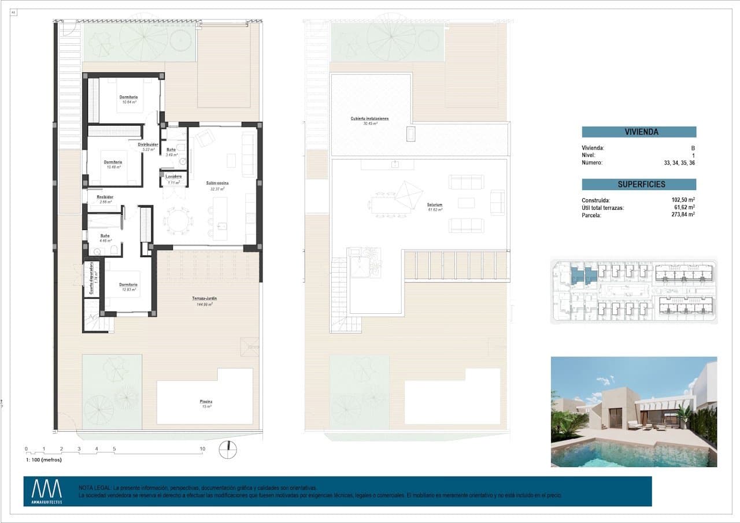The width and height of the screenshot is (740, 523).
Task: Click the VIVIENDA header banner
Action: [x=639, y=132]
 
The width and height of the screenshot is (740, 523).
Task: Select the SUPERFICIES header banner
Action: [x=639, y=184]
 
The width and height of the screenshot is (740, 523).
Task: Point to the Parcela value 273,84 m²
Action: [x=683, y=214]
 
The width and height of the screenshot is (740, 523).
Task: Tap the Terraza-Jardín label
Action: [x=205, y=299]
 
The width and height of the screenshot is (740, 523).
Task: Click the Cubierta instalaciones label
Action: [x=369, y=118]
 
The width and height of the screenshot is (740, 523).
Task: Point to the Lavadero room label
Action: [x=173, y=176]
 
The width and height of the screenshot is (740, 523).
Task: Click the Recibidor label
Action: [x=105, y=197]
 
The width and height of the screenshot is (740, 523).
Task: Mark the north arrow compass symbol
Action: [x=229, y=449]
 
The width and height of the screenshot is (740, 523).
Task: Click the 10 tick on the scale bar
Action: [x=202, y=448]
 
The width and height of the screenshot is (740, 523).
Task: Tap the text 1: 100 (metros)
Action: [x=43, y=460]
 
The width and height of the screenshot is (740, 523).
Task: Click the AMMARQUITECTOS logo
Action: [x=46, y=492]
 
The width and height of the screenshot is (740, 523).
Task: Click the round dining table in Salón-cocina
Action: [x=175, y=220]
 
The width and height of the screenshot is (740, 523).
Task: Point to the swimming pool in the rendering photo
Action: [x=630, y=454]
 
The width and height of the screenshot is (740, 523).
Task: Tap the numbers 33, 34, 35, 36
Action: [x=679, y=163]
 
